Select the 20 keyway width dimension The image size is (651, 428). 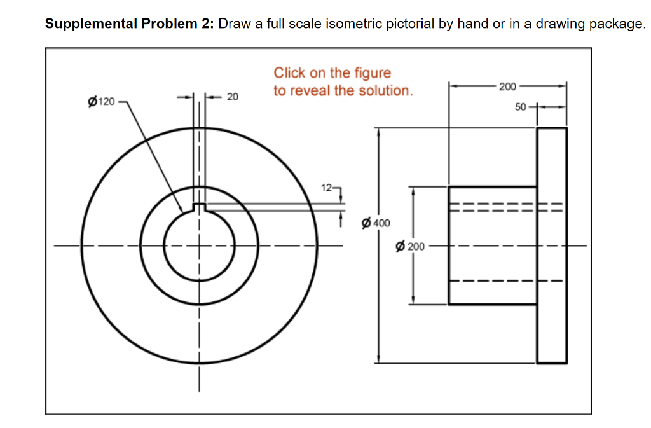[x=233, y=97]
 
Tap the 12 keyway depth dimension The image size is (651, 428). [x=327, y=188]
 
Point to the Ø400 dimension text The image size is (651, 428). [x=375, y=223]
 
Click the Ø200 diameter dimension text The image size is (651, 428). [x=410, y=245]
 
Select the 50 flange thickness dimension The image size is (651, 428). [x=520, y=107]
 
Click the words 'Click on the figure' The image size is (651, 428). [x=332, y=73]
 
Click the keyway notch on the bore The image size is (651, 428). [x=199, y=208]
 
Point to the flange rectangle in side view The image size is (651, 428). [x=552, y=245]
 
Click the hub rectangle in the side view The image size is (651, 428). [x=493, y=245]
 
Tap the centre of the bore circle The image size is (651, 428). [x=199, y=245]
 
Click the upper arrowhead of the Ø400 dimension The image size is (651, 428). [x=380, y=132]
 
